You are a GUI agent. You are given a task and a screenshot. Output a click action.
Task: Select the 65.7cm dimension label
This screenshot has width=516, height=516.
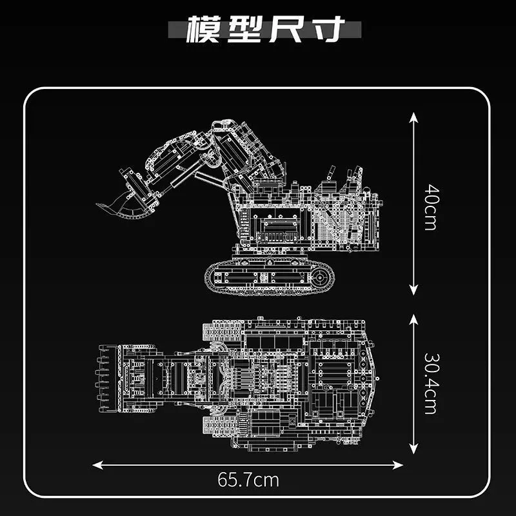248,480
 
